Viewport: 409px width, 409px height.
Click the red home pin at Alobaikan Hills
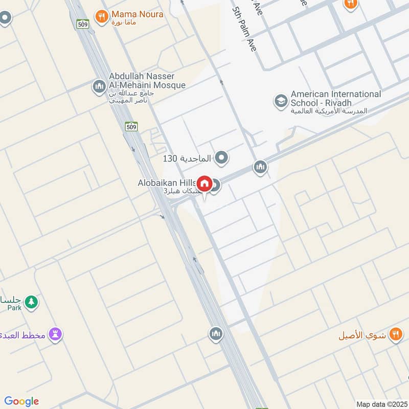click(x=204, y=184)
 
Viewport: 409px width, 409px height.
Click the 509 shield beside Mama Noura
click(x=83, y=24)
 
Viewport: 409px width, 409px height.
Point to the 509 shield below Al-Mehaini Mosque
click(x=131, y=126)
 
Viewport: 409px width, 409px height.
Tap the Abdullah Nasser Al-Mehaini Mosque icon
click(x=99, y=87)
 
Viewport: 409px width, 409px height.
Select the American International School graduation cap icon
click(x=280, y=101)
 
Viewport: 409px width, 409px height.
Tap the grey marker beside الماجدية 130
click(x=221, y=158)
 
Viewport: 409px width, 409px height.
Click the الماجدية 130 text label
click(x=187, y=158)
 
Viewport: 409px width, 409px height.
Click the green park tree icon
click(x=32, y=302)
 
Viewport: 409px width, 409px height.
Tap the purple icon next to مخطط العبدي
click(x=55, y=335)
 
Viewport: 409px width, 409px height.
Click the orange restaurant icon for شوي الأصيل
click(x=395, y=335)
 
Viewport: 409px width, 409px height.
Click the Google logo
click(x=21, y=401)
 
